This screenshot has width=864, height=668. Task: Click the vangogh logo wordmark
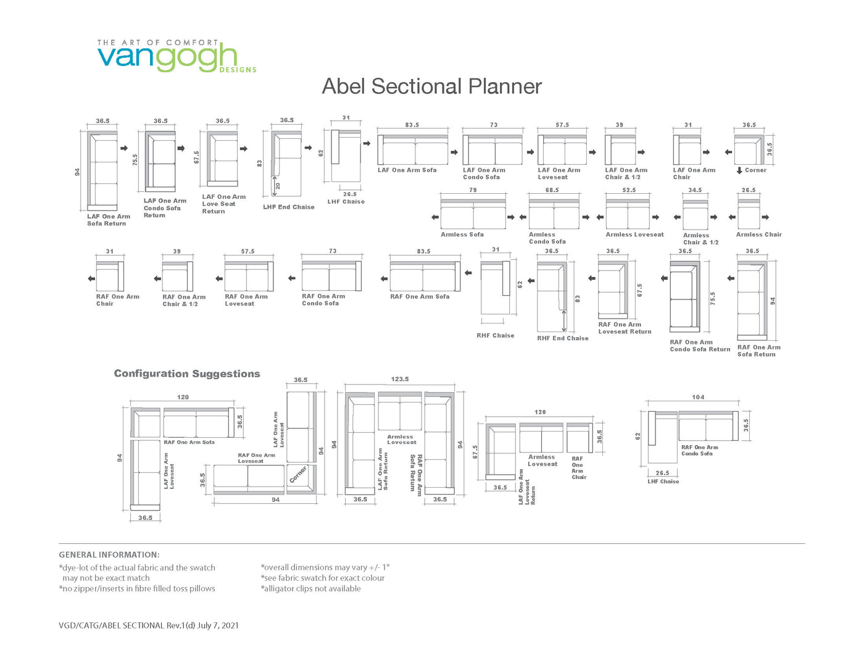click(167, 58)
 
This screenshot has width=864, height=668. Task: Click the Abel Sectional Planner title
click(431, 86)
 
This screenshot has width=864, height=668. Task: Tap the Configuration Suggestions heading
click(187, 374)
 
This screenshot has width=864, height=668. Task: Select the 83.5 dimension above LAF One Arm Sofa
click(412, 125)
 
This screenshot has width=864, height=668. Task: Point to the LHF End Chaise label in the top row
click(289, 207)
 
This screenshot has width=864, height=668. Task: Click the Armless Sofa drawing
click(473, 214)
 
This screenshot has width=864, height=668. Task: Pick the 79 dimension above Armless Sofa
click(473, 190)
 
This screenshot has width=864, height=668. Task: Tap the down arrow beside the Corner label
click(739, 170)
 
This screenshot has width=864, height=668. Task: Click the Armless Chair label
click(758, 235)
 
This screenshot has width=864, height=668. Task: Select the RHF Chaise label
click(496, 336)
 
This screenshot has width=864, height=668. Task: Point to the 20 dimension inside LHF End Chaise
click(278, 186)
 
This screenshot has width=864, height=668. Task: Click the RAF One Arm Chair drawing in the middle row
click(110, 277)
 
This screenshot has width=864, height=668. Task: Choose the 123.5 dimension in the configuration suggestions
click(399, 379)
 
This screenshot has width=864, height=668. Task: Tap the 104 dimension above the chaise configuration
click(698, 397)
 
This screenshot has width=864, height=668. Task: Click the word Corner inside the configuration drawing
click(298, 474)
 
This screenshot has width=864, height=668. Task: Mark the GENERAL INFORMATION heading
click(109, 554)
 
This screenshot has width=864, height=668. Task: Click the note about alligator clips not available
click(310, 588)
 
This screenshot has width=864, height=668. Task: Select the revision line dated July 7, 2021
click(149, 625)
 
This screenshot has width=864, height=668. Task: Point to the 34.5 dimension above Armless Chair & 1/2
click(695, 190)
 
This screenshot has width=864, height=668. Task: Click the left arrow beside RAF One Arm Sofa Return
click(731, 278)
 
